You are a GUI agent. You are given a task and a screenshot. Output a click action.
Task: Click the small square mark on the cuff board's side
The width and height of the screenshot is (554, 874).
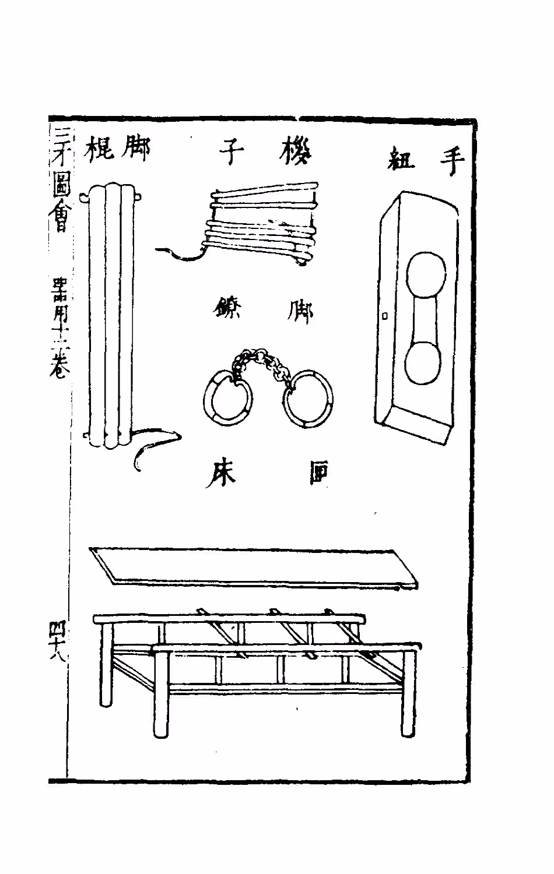(384, 316)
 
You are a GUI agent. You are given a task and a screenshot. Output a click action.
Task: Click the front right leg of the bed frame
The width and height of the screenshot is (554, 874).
(409, 693)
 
